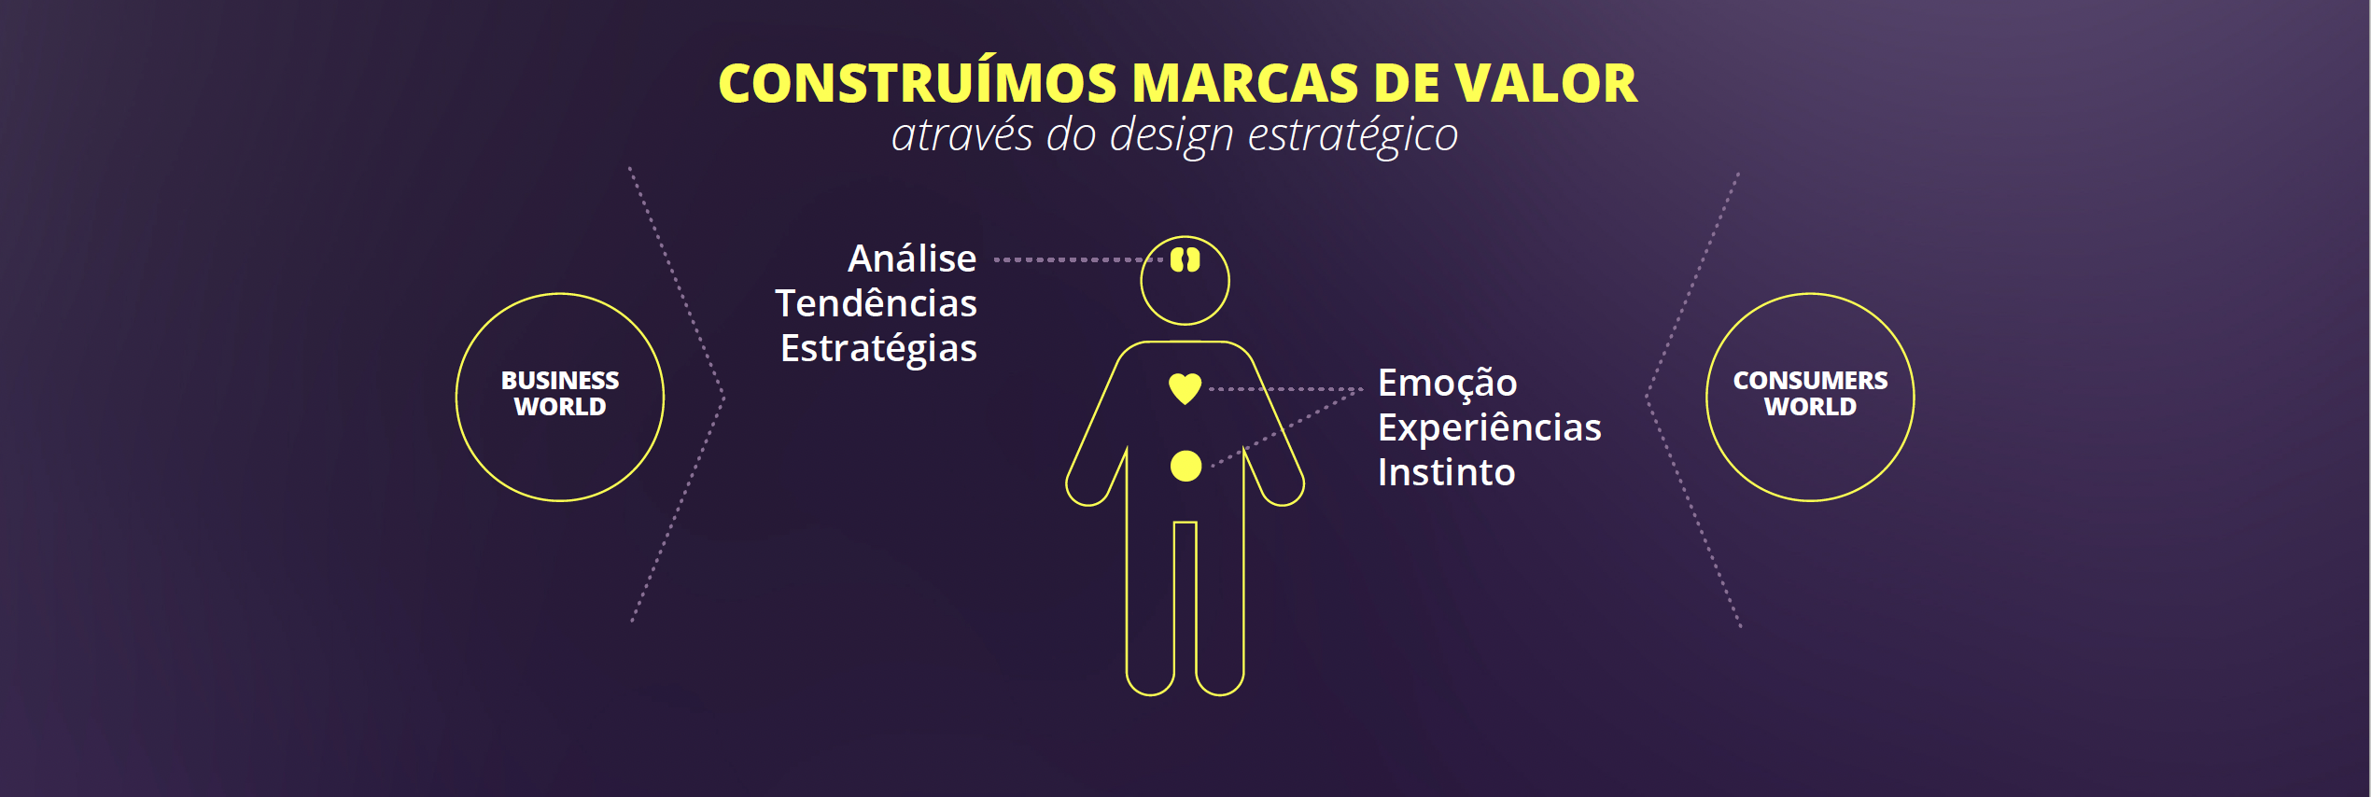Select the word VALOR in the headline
[1546, 83]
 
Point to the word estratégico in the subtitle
[1353, 135]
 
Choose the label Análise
[912, 258]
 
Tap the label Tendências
[876, 302]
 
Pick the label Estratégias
[878, 349]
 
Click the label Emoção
[1447, 384]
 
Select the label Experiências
[1489, 428]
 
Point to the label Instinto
[1446, 472]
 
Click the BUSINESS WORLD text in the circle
[560, 394]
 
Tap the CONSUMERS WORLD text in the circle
[1810, 394]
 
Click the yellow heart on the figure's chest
[1185, 387]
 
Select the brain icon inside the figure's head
[1185, 259]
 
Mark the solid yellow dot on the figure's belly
[1185, 466]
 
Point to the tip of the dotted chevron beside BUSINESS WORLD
[724, 398]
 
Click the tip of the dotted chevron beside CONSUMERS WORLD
[1647, 397]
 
